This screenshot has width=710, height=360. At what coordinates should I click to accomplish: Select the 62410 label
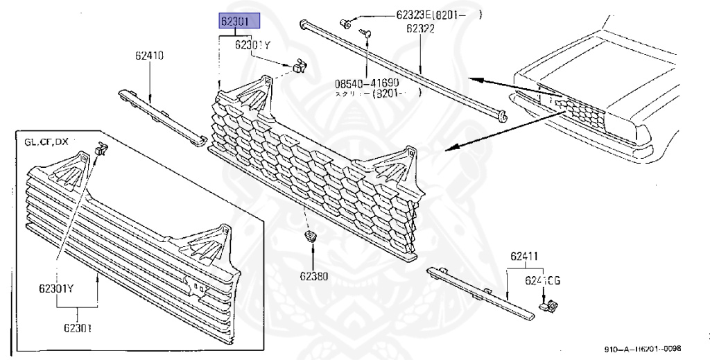pyautogui.click(x=149, y=55)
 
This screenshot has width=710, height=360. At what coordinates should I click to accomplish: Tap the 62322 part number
pyautogui.click(x=420, y=28)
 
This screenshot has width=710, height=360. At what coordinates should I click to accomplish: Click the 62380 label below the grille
pyautogui.click(x=313, y=276)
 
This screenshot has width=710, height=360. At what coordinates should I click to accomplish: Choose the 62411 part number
pyautogui.click(x=524, y=257)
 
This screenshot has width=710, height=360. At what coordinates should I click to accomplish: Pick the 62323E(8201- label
pyautogui.click(x=437, y=14)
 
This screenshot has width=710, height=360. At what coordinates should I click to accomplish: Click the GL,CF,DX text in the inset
pyautogui.click(x=46, y=142)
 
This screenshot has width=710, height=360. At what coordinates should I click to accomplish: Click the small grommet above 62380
pyautogui.click(x=310, y=238)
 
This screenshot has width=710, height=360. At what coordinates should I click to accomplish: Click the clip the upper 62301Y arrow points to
pyautogui.click(x=300, y=66)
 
